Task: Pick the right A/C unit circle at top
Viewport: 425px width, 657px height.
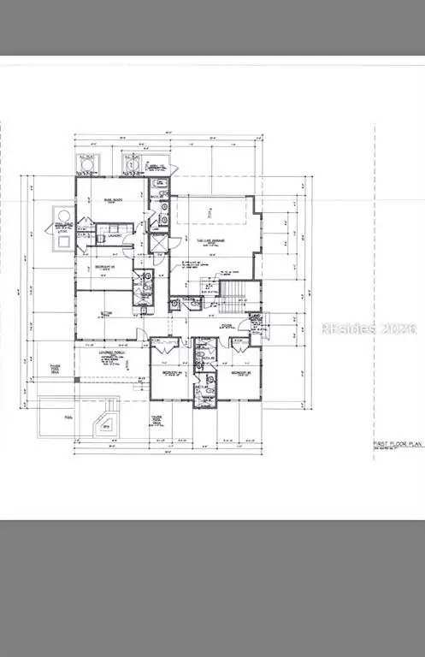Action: pyautogui.click(x=130, y=163)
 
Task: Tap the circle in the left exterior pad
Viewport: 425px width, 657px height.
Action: pyautogui.click(x=64, y=213)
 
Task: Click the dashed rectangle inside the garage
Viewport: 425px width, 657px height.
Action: pyautogui.click(x=210, y=214)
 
